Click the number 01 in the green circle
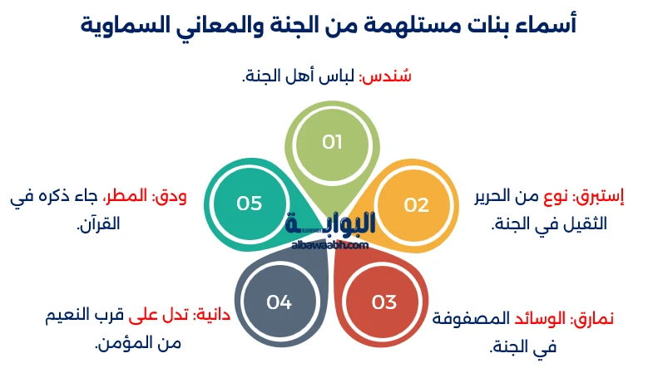(332, 142)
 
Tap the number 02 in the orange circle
(416, 204)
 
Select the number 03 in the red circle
(383, 302)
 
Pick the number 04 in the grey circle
(279, 302)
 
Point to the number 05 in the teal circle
(250, 204)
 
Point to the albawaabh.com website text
(330, 245)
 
